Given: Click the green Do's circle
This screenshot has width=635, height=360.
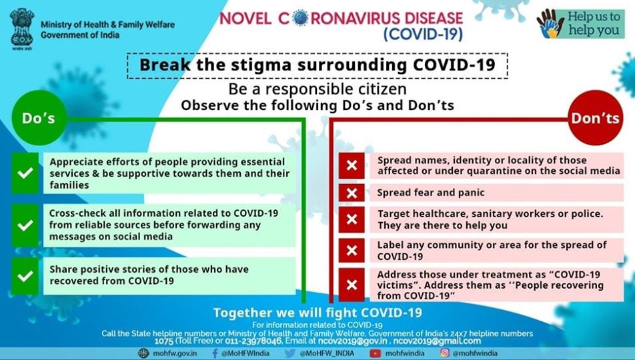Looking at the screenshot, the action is (x=39, y=118).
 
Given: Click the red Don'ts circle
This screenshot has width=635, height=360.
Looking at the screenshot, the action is (x=595, y=118).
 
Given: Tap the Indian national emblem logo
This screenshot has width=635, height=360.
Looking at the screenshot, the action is (x=22, y=28).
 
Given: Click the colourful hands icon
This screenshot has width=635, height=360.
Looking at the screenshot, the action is (x=550, y=24).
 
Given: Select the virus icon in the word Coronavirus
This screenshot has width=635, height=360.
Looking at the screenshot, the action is (x=300, y=18).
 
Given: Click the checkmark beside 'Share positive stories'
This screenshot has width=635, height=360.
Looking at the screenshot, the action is (x=25, y=276).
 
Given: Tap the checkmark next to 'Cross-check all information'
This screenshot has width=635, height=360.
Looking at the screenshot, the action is (x=25, y=225).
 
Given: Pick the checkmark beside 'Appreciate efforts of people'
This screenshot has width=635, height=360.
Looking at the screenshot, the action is (x=25, y=173).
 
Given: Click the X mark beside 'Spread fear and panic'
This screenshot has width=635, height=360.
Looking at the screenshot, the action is (x=352, y=193).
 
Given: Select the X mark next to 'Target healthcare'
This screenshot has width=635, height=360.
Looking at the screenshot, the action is (x=352, y=219).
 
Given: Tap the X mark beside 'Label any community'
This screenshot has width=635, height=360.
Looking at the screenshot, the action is (x=352, y=250).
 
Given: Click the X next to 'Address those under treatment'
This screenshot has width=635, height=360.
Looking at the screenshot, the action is (x=352, y=285).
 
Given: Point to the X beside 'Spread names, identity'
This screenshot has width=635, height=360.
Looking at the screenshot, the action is (x=352, y=165).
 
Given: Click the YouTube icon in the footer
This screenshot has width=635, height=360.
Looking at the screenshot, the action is (x=376, y=353).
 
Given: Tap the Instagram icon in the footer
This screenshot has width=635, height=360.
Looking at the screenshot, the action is (x=445, y=353).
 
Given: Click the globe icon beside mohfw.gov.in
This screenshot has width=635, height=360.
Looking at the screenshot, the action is (x=143, y=353).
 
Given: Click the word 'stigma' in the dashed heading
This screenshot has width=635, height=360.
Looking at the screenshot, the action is (x=250, y=65).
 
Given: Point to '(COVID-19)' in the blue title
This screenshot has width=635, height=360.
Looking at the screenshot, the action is (x=423, y=34).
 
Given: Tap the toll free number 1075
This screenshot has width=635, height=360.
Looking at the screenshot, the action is (x=164, y=341).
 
